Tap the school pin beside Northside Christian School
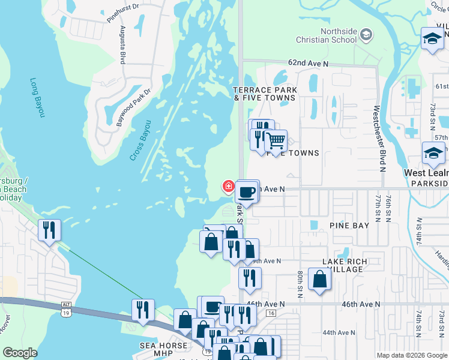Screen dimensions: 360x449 tap(366, 36)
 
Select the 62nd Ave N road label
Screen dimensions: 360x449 tap(309, 62)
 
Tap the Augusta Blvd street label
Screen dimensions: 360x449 tap(122, 45)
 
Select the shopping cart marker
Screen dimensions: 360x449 tap(276, 142)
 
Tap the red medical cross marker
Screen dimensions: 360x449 tap(228, 186)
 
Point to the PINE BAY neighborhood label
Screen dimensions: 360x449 tap(349, 226)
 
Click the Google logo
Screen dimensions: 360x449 tap(20, 353)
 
